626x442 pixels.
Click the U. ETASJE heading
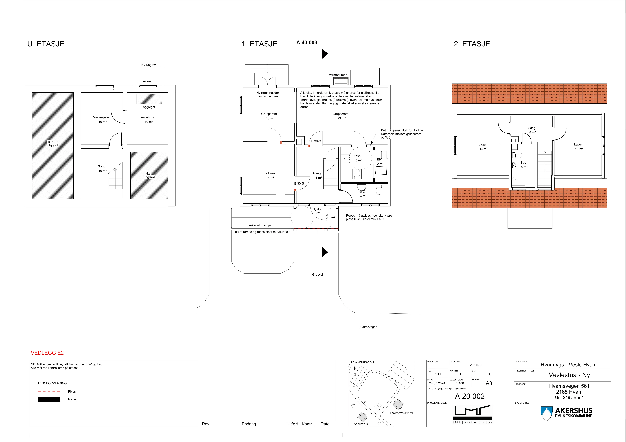tap(46, 44)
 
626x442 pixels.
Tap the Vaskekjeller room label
tap(101, 117)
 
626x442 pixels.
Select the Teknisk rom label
tap(147, 117)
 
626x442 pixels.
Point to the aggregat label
tap(149, 107)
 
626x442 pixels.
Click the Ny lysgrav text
tap(148, 65)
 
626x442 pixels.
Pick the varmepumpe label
tap(338, 75)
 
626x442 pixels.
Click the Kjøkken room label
tap(269, 173)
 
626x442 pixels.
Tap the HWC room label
tap(358, 156)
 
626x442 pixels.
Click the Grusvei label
tap(317, 275)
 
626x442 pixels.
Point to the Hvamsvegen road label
tap(368, 327)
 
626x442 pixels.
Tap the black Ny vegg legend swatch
tap(49, 399)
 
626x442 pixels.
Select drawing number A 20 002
tap(470, 396)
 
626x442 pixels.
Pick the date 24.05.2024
tap(437, 383)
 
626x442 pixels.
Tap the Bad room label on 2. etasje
tap(523, 163)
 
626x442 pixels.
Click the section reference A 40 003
tap(307, 43)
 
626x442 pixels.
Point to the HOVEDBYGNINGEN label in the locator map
tap(401, 413)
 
